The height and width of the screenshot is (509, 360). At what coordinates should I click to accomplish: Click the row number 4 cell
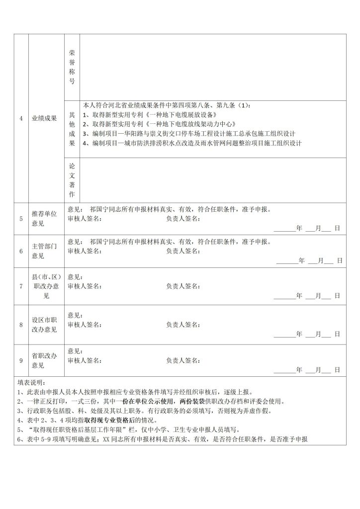[21, 118]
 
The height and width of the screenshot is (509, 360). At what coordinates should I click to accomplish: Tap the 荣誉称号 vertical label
[72, 67]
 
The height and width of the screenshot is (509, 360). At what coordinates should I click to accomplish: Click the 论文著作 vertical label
[72, 180]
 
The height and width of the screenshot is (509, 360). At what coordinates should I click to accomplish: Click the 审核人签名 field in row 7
[85, 286]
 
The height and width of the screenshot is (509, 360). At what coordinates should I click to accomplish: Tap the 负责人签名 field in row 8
[183, 325]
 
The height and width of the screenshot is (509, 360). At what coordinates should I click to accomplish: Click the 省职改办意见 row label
[44, 360]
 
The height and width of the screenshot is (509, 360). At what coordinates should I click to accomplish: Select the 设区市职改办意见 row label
[44, 325]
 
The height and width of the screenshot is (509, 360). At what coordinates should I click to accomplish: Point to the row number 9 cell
[21, 360]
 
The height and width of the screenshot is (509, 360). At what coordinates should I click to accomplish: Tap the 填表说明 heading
[31, 383]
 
